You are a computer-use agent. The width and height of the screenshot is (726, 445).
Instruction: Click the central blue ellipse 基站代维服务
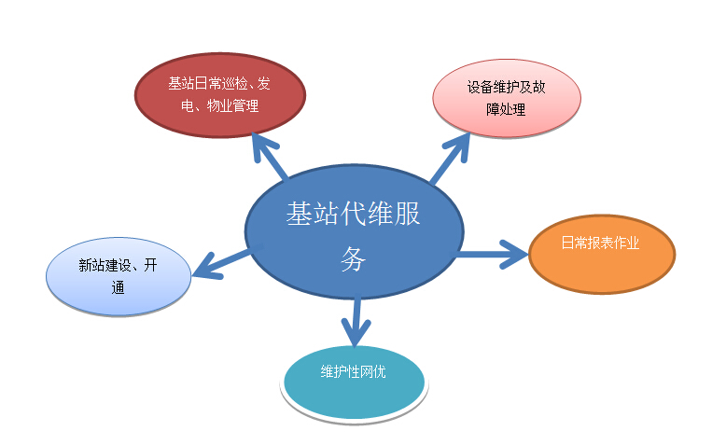355,231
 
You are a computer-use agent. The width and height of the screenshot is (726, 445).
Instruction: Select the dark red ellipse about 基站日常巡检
220,95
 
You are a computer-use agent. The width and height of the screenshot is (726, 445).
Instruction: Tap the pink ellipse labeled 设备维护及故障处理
507,98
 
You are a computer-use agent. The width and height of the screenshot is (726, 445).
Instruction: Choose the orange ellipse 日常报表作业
602,255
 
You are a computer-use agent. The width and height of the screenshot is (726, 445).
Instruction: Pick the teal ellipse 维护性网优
355,383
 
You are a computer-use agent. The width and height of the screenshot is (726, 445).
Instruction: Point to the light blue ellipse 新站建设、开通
119,276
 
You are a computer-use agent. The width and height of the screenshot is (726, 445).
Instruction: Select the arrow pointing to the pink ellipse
450,158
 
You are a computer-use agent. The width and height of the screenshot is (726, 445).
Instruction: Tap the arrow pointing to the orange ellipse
492,254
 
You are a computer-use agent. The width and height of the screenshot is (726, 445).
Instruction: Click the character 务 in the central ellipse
354,258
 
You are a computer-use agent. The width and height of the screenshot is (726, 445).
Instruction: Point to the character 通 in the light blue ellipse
119,287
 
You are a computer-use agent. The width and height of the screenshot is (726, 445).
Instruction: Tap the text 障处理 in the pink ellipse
506,109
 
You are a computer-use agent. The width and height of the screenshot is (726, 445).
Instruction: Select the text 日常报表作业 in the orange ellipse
601,243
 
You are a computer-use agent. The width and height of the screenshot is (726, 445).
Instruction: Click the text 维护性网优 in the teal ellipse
354,371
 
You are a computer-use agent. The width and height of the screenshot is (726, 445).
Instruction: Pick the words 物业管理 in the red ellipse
233,106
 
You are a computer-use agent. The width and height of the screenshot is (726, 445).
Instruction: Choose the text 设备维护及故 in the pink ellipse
507,87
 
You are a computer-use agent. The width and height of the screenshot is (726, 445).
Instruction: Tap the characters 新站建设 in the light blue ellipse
105,265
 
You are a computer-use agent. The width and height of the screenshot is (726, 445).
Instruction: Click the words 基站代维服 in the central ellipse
354,214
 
